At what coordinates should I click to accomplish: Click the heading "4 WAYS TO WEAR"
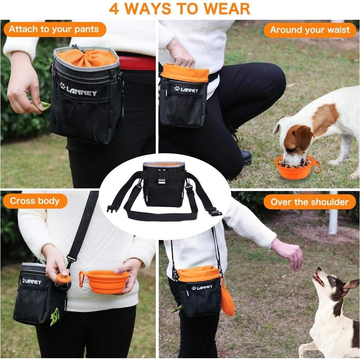tap(180, 9)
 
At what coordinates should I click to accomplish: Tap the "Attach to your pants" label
tap(54, 30)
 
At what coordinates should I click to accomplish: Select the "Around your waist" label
tap(310, 30)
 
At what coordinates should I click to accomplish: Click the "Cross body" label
tap(34, 201)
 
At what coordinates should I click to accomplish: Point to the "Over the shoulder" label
tap(309, 202)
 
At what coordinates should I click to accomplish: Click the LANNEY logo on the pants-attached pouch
tap(79, 90)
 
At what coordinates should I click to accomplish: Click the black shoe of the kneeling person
tap(246, 158)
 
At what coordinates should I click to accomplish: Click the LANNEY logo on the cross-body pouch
tap(32, 281)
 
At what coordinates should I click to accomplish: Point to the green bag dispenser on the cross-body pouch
tap(55, 316)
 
